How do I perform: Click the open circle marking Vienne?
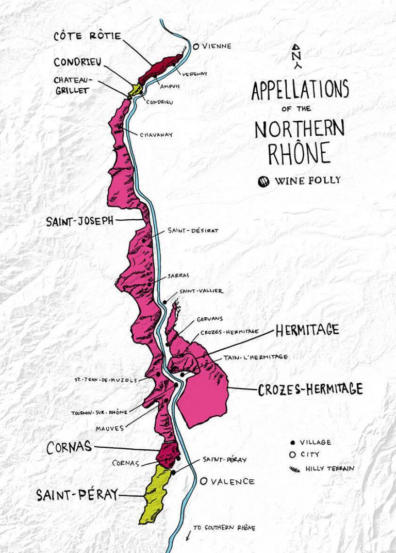pos(196,46)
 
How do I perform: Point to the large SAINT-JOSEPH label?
pos(80,221)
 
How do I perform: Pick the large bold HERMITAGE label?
pos(307,330)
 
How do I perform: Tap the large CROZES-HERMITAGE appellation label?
pos(310,389)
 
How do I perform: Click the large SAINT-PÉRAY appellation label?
pos(77,495)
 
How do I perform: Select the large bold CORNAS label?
pos(69,447)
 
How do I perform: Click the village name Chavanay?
pos(156,135)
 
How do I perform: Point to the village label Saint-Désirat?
pos(185,231)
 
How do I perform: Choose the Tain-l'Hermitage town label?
pos(255,357)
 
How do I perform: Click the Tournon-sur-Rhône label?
pos(100,413)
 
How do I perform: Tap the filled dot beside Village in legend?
pos(292,442)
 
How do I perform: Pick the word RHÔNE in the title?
pos(299,153)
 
